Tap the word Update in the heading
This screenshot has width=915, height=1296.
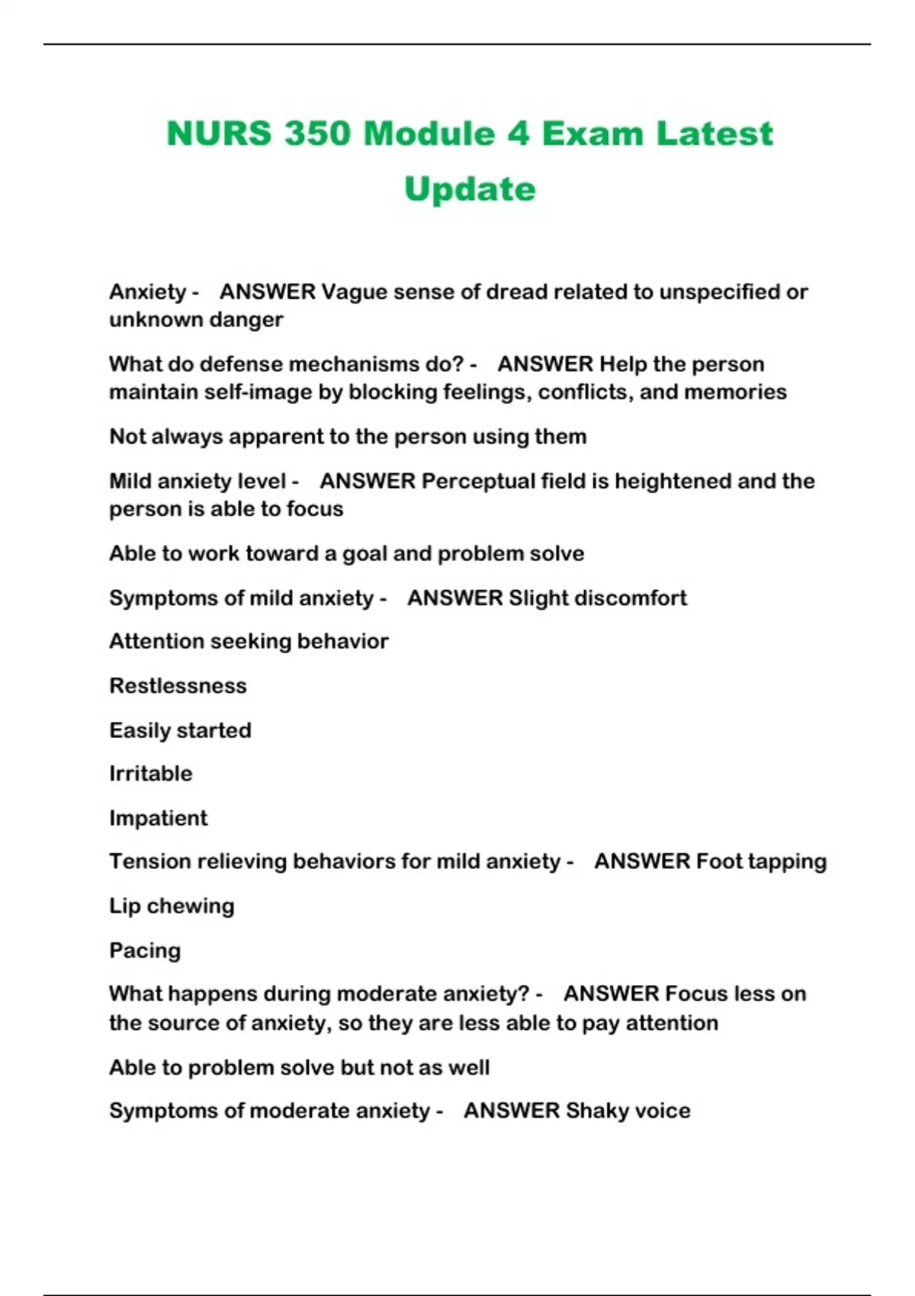coord(470,190)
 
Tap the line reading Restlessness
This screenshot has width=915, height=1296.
coord(178,686)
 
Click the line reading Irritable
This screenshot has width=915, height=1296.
coord(151,774)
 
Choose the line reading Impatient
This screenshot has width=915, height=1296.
coord(158,818)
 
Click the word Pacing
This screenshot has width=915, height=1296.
coord(145,951)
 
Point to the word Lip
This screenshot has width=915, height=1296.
coord(124,906)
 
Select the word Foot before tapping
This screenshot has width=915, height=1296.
coord(719,861)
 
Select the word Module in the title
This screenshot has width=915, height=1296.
coord(429,134)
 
